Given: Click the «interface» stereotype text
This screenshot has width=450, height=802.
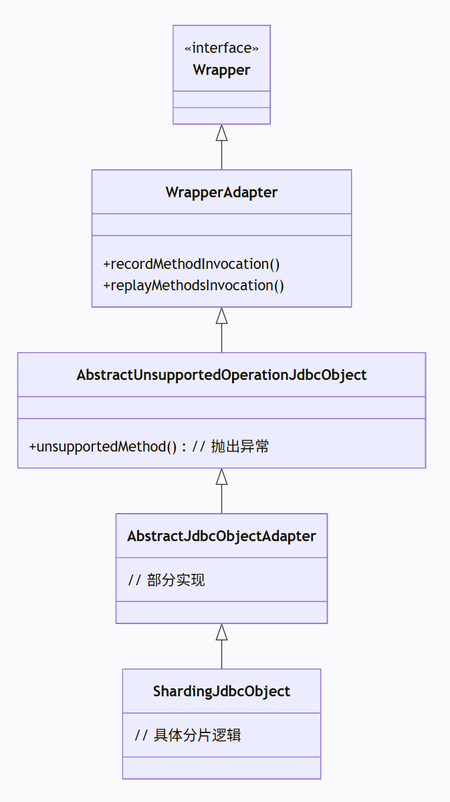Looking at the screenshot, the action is click(x=221, y=48).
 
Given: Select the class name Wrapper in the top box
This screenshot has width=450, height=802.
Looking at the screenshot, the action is click(x=221, y=70).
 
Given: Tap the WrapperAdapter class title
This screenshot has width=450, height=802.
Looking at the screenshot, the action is click(x=221, y=193).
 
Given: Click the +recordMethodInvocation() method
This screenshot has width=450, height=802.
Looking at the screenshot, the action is click(x=191, y=264).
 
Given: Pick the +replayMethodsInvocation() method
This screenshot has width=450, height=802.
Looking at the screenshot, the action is click(x=193, y=286).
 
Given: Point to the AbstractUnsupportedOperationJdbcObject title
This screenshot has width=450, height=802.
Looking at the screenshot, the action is click(x=221, y=375).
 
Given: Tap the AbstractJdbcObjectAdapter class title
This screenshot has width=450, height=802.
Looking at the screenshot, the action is click(x=221, y=536).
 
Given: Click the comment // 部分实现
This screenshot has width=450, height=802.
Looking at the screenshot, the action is click(x=166, y=580).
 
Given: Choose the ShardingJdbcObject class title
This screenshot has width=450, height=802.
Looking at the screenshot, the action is click(x=221, y=692).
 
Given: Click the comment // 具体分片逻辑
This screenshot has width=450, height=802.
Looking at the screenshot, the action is click(x=188, y=736).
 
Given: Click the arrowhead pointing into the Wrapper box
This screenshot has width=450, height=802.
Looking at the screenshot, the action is click(x=221, y=132).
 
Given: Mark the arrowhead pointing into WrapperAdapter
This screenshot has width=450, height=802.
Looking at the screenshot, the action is click(x=221, y=315).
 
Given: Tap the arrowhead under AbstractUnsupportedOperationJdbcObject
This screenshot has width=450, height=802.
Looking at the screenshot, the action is click(x=221, y=476).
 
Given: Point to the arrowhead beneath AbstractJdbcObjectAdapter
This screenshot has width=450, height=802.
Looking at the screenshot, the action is click(x=221, y=631).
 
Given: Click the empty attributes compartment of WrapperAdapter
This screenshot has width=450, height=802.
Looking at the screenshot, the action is click(x=221, y=225).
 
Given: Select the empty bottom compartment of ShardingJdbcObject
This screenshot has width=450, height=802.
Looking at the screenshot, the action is click(x=221, y=768).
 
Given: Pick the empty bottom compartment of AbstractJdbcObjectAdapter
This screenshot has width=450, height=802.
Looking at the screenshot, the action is click(x=221, y=612).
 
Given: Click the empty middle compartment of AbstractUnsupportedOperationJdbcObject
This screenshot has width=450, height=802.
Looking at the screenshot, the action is click(x=221, y=407).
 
